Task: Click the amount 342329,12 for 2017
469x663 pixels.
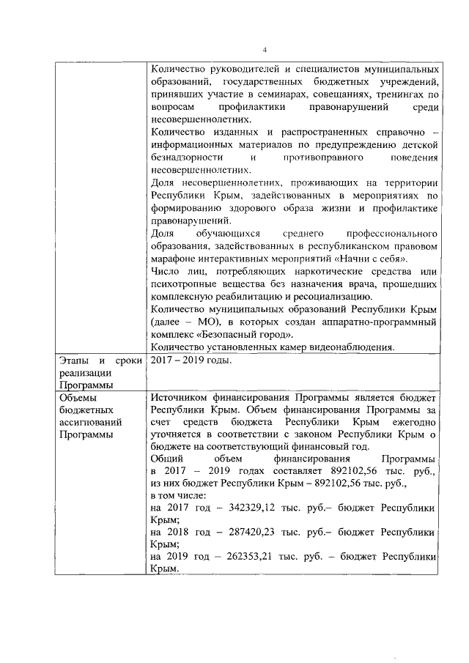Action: pyautogui.click(x=241, y=507)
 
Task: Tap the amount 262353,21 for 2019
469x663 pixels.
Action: pyautogui.click(x=241, y=556)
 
